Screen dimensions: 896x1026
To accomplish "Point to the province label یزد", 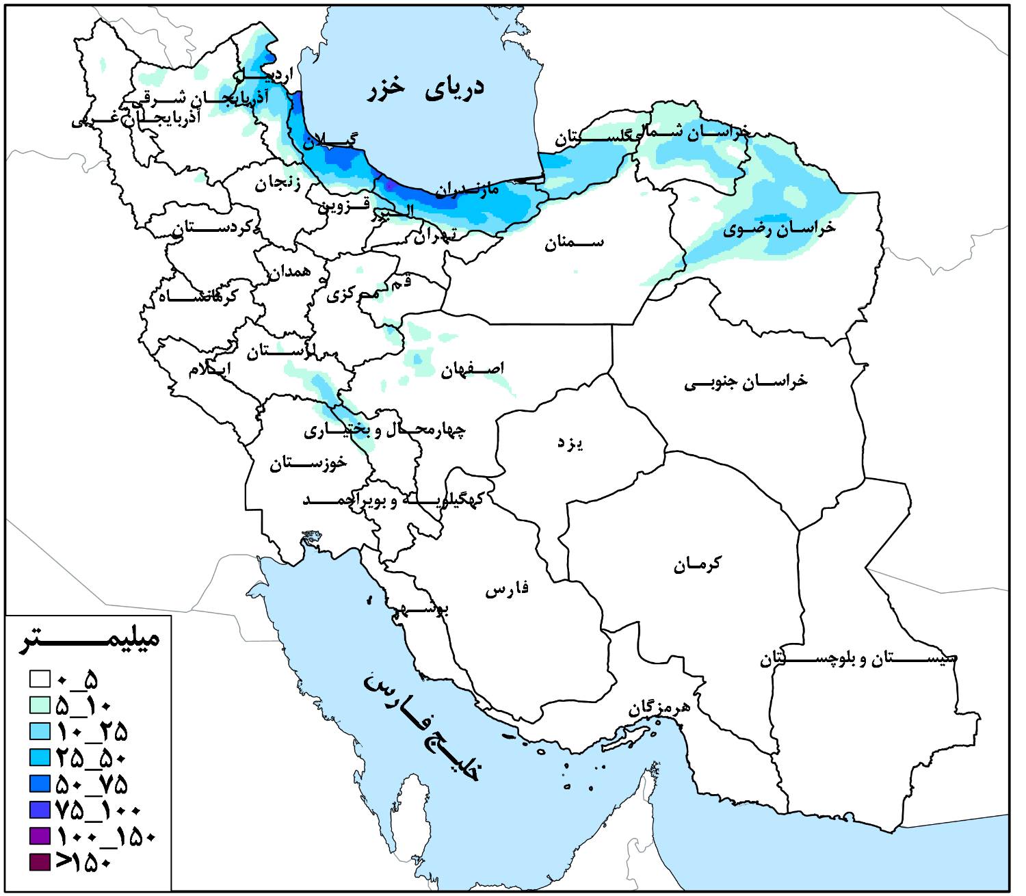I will [x=569, y=444].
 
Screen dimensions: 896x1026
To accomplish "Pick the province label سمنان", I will [x=574, y=243].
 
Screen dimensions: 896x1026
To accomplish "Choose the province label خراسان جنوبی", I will [x=746, y=381].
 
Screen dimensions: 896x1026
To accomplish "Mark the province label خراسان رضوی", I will [x=779, y=228].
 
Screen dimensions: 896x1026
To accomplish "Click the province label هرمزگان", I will [x=659, y=709].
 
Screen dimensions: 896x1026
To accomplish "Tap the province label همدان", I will [x=289, y=272].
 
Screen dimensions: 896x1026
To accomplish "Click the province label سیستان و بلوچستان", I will [x=858, y=659].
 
